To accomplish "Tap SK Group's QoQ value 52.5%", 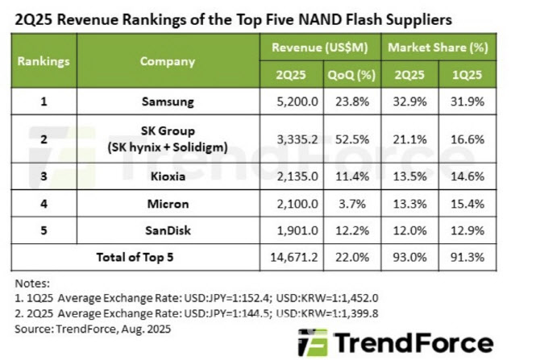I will [351, 138].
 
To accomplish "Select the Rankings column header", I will [44, 60].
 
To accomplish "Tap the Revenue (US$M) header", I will [319, 48].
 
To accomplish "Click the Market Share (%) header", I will [438, 48].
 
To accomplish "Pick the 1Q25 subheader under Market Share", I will [467, 75].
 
